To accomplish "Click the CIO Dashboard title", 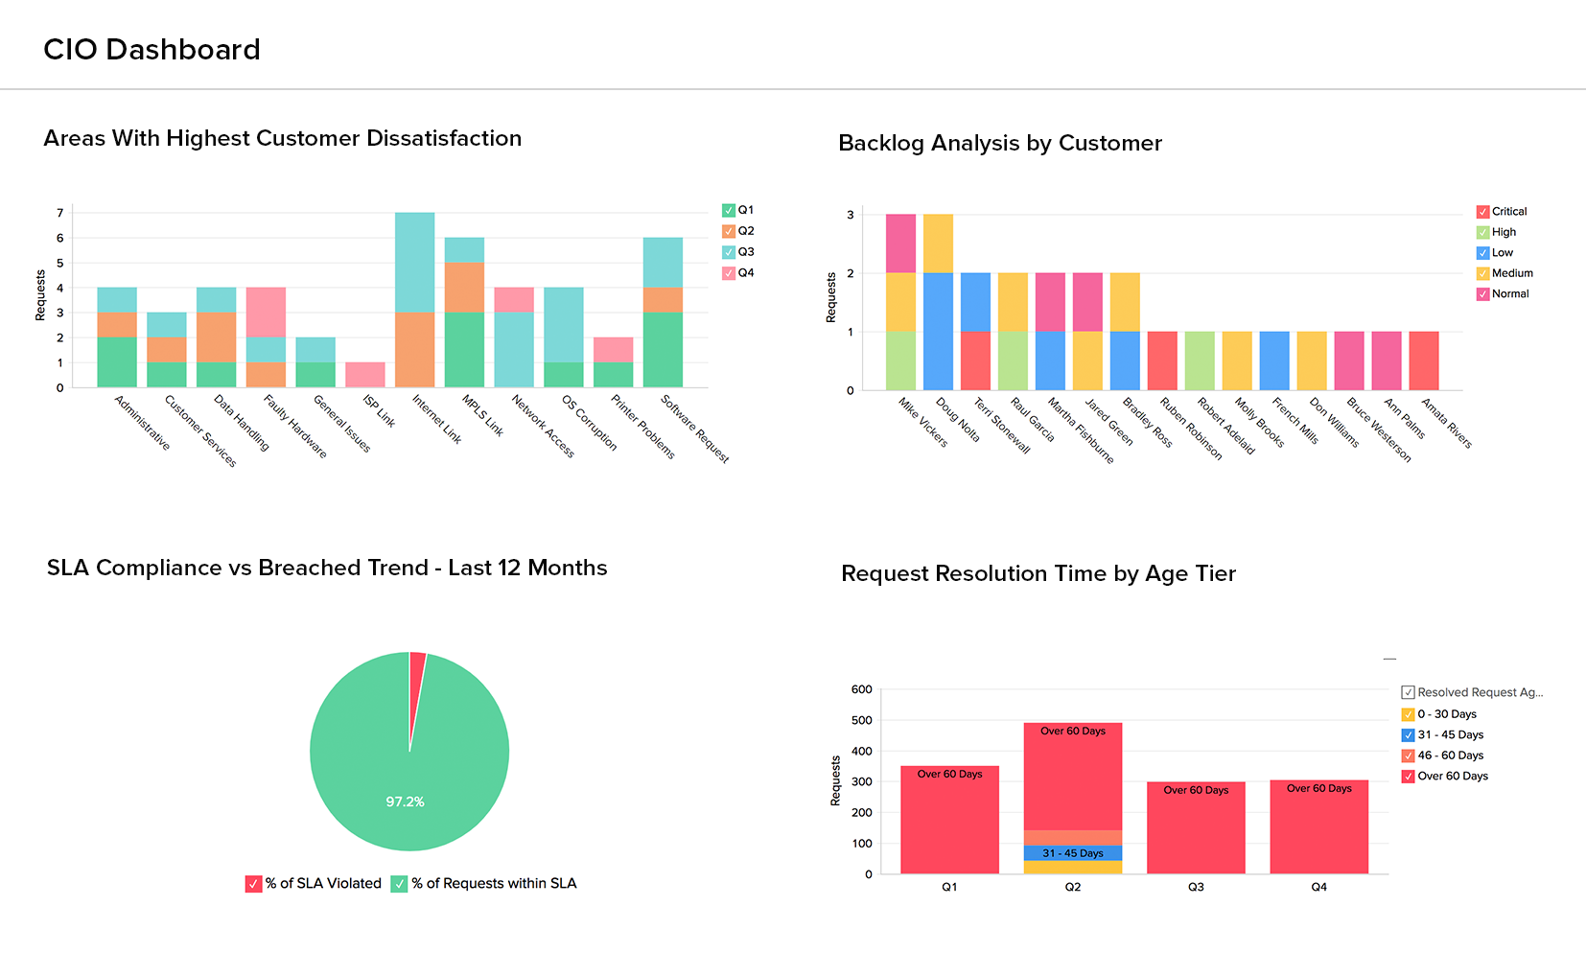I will tap(152, 50).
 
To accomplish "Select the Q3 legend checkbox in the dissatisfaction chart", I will tap(729, 252).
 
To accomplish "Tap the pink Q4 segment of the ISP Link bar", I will tap(365, 375).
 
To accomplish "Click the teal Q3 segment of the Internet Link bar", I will tap(414, 262).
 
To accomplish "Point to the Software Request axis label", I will tap(695, 429).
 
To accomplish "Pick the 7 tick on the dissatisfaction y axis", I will tap(60, 213).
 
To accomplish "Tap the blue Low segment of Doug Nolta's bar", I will tap(938, 331).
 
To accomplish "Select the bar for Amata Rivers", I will tap(1424, 360).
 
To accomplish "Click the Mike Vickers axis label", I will tap(922, 423).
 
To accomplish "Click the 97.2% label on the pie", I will tap(405, 802).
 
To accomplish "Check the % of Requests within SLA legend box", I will tap(400, 884).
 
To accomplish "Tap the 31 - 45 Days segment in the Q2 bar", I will tap(1073, 853).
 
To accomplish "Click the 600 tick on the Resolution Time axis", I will tap(862, 689).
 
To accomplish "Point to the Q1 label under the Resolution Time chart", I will tap(949, 888).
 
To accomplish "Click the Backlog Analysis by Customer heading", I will tap(999, 144).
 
